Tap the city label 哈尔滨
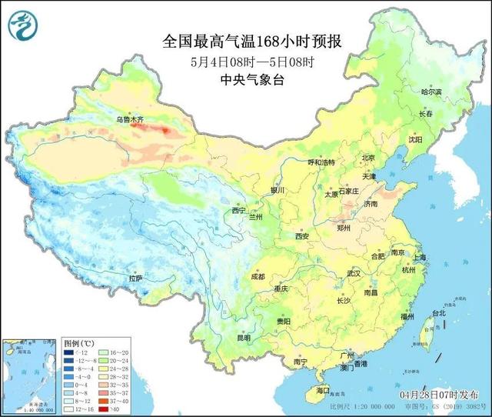(433, 92)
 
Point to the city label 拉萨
(136, 278)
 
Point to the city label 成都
(257, 276)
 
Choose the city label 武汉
(354, 273)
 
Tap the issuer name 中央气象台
(241, 79)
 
